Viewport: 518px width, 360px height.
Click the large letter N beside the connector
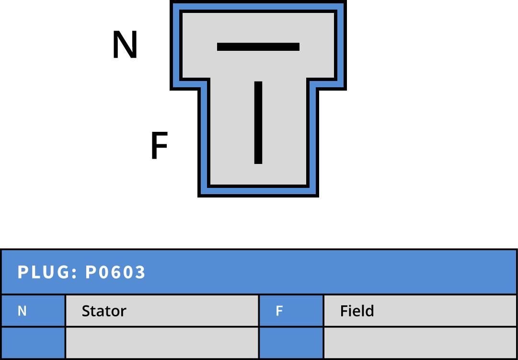click(x=125, y=45)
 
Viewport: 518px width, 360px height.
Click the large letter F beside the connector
click(x=159, y=146)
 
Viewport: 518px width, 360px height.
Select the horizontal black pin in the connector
click(x=258, y=46)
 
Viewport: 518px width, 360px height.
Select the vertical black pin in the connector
click(x=258, y=123)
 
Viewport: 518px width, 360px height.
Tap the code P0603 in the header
click(x=115, y=272)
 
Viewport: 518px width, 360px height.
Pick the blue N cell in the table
click(x=33, y=311)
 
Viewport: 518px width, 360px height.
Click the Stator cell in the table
click(x=161, y=311)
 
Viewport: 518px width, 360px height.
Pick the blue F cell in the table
click(x=291, y=311)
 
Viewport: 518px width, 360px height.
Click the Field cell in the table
click(x=420, y=311)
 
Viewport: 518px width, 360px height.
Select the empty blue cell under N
click(x=33, y=343)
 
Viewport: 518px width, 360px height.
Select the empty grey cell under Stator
click(x=161, y=343)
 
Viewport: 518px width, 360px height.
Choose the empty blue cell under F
click(x=291, y=343)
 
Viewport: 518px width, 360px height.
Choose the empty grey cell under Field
click(x=420, y=343)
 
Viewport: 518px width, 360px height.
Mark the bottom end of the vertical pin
click(x=258, y=162)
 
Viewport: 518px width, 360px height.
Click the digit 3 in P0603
click(x=140, y=272)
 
